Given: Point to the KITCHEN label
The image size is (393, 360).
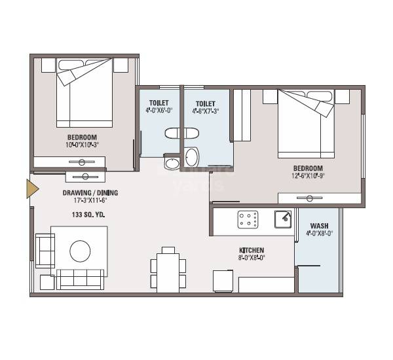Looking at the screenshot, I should (251, 250).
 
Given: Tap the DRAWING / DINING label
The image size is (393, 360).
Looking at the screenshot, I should (90, 194).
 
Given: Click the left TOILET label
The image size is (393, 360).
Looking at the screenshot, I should (159, 103).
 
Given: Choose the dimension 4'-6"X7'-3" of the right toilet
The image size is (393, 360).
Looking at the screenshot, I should (206, 111).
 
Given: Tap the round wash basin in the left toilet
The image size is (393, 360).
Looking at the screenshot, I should (172, 163).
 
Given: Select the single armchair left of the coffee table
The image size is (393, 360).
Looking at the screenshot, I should (45, 251).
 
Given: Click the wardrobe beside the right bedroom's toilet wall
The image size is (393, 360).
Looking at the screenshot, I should (242, 115).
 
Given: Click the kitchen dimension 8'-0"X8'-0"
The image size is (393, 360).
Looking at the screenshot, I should (251, 259).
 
